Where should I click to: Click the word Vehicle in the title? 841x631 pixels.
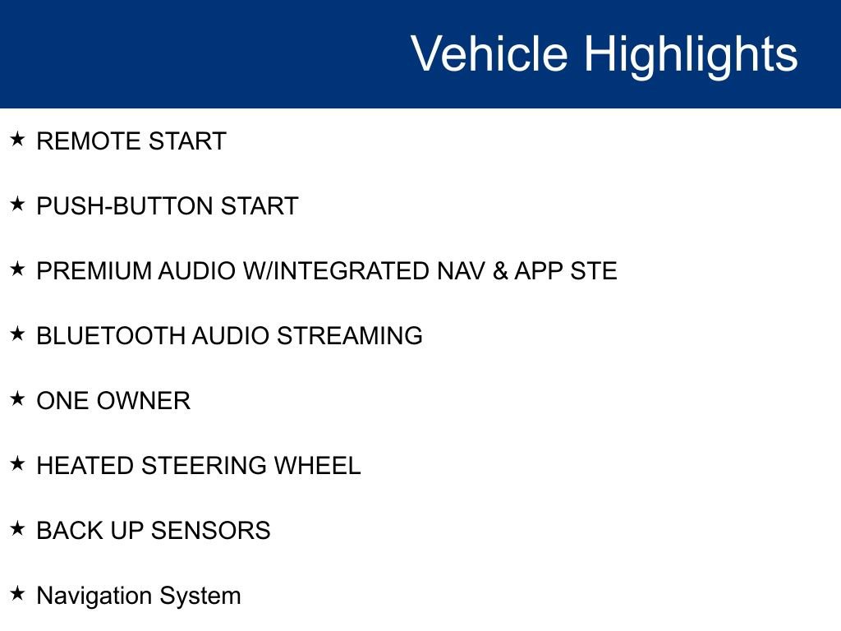pyautogui.click(x=489, y=53)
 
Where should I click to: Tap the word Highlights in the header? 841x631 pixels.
pyautogui.click(x=691, y=57)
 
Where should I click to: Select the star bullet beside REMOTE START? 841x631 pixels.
pyautogui.click(x=17, y=139)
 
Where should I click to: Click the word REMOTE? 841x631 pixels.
pyautogui.click(x=89, y=141)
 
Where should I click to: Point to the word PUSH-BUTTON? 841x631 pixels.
pyautogui.click(x=125, y=206)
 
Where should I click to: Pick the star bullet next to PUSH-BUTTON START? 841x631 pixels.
pyautogui.click(x=17, y=204)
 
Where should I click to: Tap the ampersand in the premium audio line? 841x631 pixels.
pyautogui.click(x=500, y=271)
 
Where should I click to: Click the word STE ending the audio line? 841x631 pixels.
pyautogui.click(x=593, y=271)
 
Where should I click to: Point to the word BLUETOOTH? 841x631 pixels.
pyautogui.click(x=111, y=336)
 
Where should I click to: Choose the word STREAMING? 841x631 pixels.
pyautogui.click(x=350, y=336)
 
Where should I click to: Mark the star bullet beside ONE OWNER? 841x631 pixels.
pyautogui.click(x=17, y=398)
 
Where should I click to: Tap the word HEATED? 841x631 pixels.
pyautogui.click(x=85, y=466)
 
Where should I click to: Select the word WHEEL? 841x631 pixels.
pyautogui.click(x=318, y=466)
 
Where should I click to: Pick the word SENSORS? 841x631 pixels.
pyautogui.click(x=211, y=531)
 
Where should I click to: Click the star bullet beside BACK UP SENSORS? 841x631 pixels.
pyautogui.click(x=17, y=528)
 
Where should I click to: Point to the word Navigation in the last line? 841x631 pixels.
pyautogui.click(x=94, y=596)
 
